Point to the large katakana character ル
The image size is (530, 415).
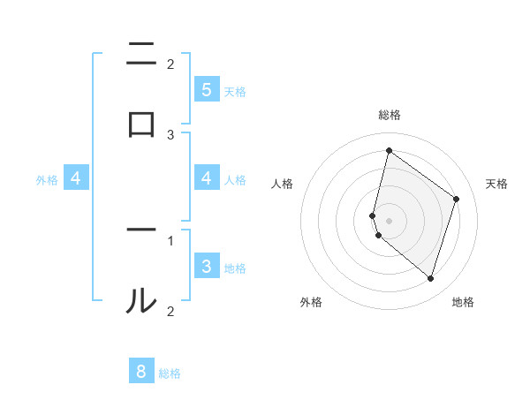141,300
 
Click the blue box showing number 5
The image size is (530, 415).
207,89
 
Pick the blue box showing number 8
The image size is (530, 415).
142,372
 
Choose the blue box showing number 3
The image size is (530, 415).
207,266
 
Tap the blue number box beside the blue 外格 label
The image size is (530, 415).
76,178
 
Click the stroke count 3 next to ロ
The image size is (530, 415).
170,134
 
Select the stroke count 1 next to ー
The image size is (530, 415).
170,239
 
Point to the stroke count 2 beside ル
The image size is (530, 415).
170,311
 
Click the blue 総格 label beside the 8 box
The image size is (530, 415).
170,373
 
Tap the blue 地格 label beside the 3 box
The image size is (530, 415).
235,268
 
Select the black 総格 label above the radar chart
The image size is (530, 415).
390,115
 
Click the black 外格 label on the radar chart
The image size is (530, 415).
311,302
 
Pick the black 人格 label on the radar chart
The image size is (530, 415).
283,184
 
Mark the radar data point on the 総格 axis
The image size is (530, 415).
389,151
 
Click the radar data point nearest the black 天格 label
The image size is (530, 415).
457,199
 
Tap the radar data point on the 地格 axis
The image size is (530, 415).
430,278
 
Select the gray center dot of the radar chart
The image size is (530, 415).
389,220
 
